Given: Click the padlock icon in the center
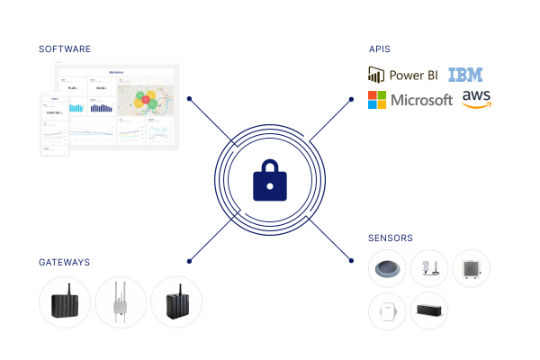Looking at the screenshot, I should pyautogui.click(x=270, y=181).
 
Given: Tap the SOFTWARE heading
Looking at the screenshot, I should pyautogui.click(x=64, y=49).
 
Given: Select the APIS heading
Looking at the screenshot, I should pyautogui.click(x=379, y=49).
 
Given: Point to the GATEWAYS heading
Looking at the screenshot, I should pyautogui.click(x=64, y=262).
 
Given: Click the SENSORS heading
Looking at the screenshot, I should pyautogui.click(x=391, y=238).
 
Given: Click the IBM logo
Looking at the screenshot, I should pyautogui.click(x=465, y=75).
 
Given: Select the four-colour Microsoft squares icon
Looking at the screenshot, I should pyautogui.click(x=377, y=100).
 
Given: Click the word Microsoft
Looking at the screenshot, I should pyautogui.click(x=421, y=101).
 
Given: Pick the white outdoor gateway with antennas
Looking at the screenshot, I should pyautogui.click(x=121, y=302).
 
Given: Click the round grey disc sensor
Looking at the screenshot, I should pyautogui.click(x=388, y=269).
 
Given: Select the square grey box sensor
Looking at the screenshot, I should pyautogui.click(x=471, y=269).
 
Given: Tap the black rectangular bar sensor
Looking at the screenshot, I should pyautogui.click(x=429, y=310).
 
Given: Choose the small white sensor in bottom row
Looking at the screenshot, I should pyautogui.click(x=388, y=311).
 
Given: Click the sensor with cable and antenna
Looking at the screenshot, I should pyautogui.click(x=429, y=269).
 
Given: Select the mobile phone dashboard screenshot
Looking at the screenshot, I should pyautogui.click(x=54, y=123).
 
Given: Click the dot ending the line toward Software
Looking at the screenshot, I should pyautogui.click(x=188, y=98).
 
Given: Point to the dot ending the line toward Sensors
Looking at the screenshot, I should pyautogui.click(x=351, y=262).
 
